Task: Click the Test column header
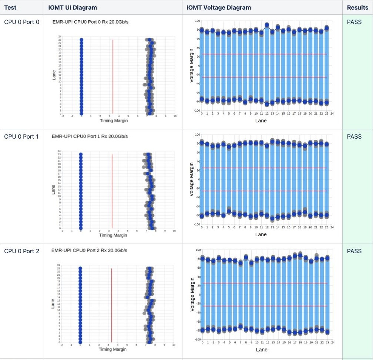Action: [x=10, y=7]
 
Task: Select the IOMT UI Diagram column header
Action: [x=73, y=7]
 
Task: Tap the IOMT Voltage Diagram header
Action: [x=219, y=7]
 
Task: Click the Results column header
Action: [x=357, y=7]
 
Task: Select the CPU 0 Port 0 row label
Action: [x=21, y=22]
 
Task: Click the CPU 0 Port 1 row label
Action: [x=21, y=136]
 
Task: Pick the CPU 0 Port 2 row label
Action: [x=21, y=251]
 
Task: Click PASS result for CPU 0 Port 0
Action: [x=354, y=22]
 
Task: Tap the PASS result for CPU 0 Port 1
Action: [x=354, y=136]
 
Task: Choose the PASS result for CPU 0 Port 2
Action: [x=354, y=251]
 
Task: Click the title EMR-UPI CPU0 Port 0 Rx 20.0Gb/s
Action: [x=90, y=22]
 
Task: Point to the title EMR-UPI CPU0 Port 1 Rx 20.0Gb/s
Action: [x=90, y=136]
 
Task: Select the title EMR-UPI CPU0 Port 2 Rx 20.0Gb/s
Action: [x=90, y=251]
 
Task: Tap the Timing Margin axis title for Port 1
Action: [x=113, y=235]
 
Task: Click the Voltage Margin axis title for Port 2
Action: [x=192, y=295]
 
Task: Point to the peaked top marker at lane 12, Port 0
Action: [x=267, y=25]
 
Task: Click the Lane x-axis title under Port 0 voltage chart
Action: [x=261, y=120]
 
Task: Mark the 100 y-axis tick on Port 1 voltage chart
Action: [x=197, y=135]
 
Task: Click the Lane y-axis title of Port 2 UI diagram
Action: [x=53, y=304]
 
